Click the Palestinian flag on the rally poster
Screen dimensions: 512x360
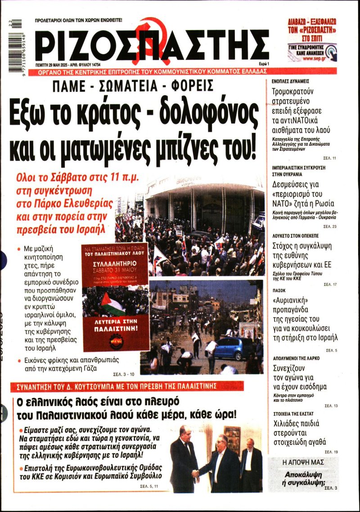(x=112, y=304)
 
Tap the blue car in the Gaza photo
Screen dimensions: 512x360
(x=233, y=348)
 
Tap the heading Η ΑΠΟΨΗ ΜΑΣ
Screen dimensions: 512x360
(x=303, y=462)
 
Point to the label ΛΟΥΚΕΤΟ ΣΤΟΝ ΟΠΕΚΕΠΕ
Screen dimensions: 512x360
(x=299, y=236)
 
